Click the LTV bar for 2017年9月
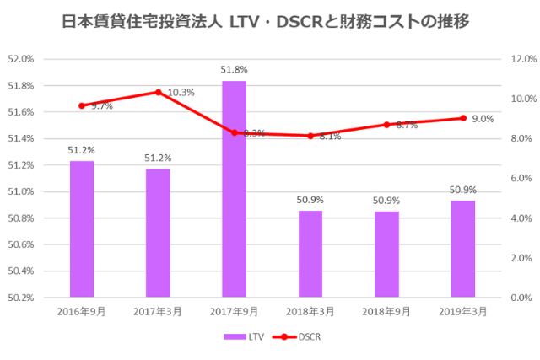234,189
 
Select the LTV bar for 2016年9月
82,228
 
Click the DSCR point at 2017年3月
158,92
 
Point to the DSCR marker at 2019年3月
462,118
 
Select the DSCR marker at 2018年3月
310,136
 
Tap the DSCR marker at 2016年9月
82,105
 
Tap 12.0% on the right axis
523,59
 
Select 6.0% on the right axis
523,179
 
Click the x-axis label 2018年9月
386,311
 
